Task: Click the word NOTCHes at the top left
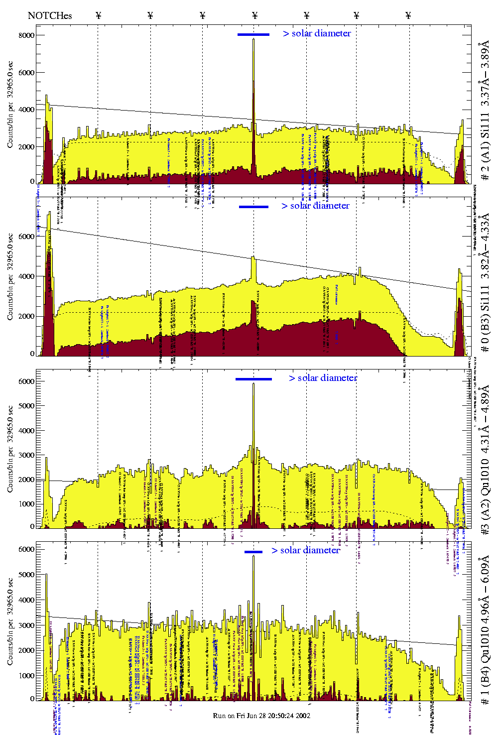pos(50,15)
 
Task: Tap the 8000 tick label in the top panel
pos(27,35)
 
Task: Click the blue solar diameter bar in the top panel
pos(253,34)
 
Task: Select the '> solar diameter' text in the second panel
pos(315,206)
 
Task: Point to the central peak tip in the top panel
pos(253,40)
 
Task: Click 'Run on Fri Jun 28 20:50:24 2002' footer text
pos(261,716)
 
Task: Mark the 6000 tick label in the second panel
pos(27,237)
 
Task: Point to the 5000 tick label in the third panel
pos(27,406)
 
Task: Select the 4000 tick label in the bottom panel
pos(27,600)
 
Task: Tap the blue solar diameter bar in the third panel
pos(253,379)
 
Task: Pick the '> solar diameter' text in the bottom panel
pos(306,550)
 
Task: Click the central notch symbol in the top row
pos(255,15)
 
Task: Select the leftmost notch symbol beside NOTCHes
pos(99,15)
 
